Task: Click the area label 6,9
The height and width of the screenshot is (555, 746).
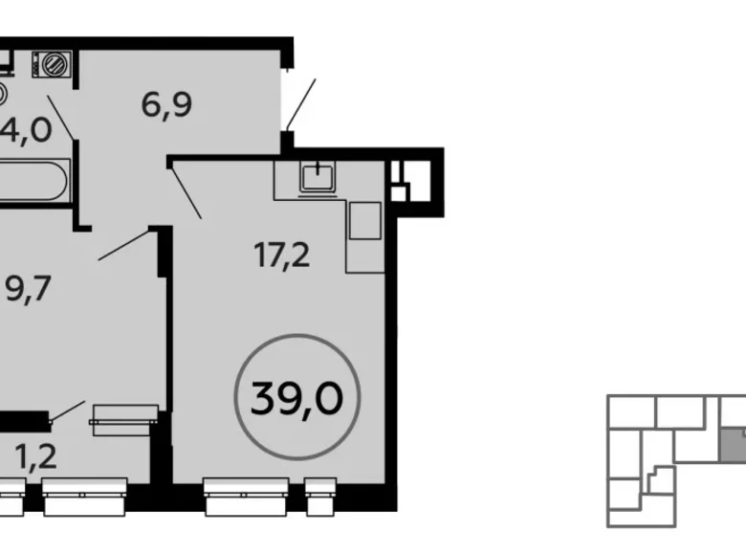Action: click(x=167, y=103)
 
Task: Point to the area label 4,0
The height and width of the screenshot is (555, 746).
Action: click(x=29, y=128)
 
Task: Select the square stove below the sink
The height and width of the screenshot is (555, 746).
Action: click(x=364, y=221)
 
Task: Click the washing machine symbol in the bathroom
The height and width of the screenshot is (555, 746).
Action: click(x=52, y=65)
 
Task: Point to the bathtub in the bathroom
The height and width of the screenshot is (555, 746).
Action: click(x=34, y=181)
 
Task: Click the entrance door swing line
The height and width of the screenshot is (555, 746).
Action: click(x=299, y=102)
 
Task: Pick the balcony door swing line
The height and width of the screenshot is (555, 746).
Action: click(x=67, y=410)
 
